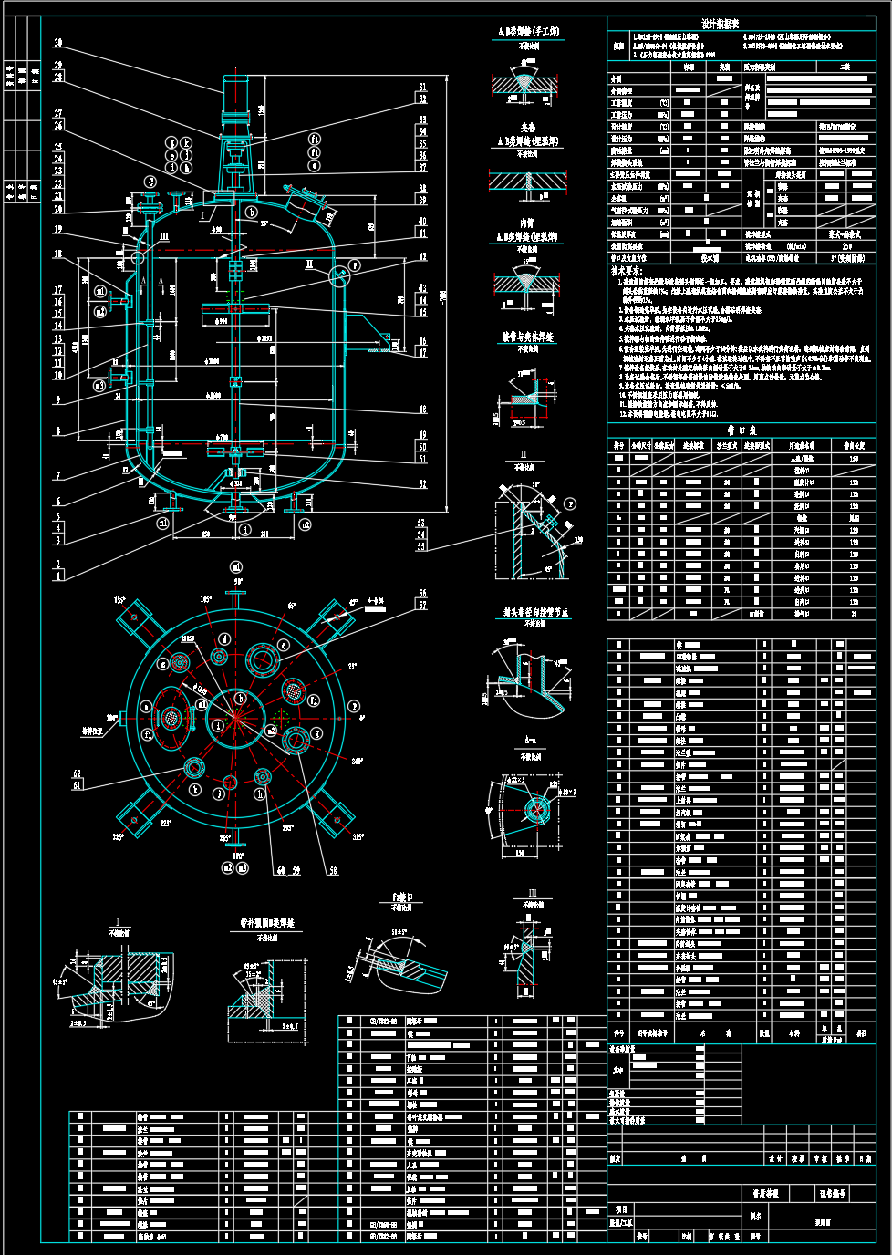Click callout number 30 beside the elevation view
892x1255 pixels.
click(58, 43)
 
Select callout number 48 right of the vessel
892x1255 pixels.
click(422, 410)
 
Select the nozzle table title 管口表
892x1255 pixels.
click(740, 430)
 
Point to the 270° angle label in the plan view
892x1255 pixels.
click(238, 856)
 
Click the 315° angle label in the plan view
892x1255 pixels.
click(357, 836)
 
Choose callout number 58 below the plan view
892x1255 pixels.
click(333, 871)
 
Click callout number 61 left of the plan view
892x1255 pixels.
click(78, 784)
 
